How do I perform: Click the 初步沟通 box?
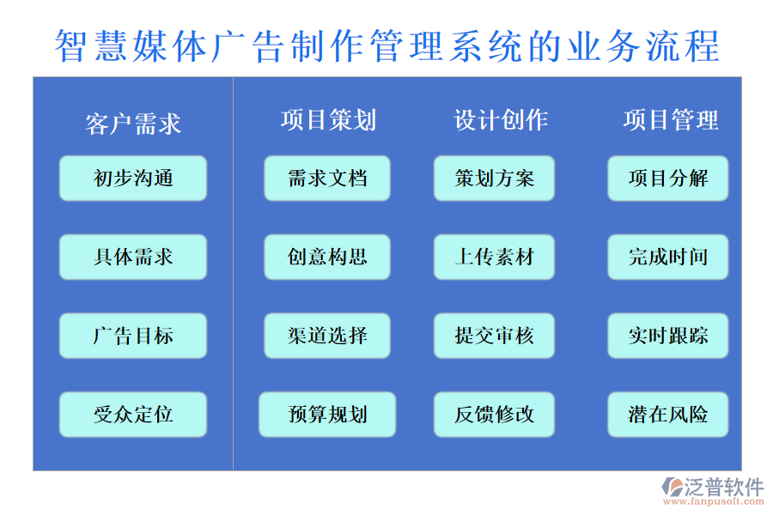133,178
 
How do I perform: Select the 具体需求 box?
133,257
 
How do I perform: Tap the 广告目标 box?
133,336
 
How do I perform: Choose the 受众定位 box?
133,415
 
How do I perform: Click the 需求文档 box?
327,178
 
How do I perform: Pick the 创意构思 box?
327,257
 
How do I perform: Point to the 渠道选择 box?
327,336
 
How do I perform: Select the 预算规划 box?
327,415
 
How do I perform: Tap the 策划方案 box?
494,178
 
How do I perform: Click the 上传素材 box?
494,257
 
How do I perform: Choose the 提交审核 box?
494,336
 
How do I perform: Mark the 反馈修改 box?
494,415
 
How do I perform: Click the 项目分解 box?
667,178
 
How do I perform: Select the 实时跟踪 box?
667,336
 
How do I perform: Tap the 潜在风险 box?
667,415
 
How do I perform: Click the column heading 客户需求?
133,124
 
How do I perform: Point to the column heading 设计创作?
501,120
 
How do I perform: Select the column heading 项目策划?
328,120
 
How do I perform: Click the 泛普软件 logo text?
723,488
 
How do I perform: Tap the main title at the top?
386,45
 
